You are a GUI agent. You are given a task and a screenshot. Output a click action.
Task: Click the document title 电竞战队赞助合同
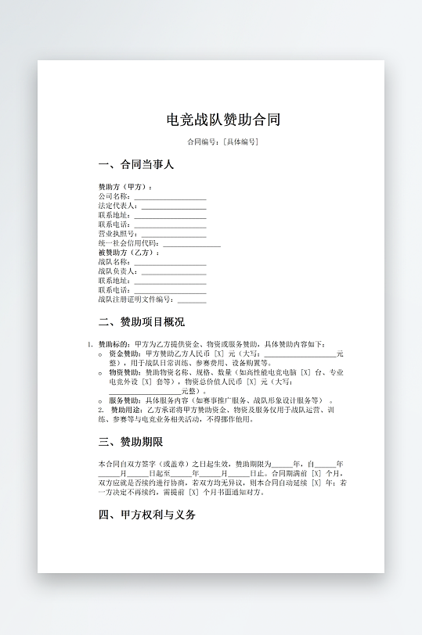pyautogui.click(x=223, y=120)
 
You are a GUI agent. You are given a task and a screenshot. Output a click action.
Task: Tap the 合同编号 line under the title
pyautogui.click(x=223, y=142)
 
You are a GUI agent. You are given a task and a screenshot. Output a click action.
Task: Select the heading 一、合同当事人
pyautogui.click(x=136, y=165)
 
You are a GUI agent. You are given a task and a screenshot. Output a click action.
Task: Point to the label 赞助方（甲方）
pyautogui.click(x=125, y=187)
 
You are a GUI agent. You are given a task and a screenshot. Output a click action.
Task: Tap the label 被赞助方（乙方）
pyautogui.click(x=128, y=253)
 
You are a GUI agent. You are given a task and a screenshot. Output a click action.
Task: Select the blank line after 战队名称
pyautogui.click(x=170, y=263)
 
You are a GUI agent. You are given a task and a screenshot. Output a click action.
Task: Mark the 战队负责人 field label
pyautogui.click(x=118, y=271)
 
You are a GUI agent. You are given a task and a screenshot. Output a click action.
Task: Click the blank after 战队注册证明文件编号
pyautogui.click(x=192, y=300)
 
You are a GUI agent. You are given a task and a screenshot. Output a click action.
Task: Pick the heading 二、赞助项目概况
pyautogui.click(x=142, y=322)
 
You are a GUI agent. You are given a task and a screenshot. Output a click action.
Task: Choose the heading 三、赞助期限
pyautogui.click(x=131, y=443)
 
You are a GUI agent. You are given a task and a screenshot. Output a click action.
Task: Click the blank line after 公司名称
pyautogui.click(x=170, y=197)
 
